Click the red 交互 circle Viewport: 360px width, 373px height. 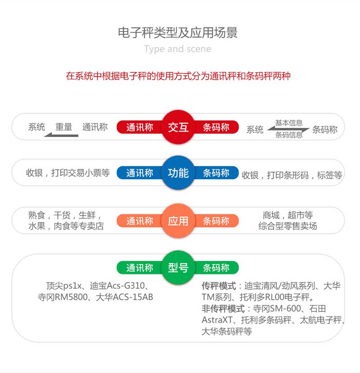click(178, 127)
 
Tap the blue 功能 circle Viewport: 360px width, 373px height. click(178, 173)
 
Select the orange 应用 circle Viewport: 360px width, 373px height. click(178, 221)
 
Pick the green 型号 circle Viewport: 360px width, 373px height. click(178, 268)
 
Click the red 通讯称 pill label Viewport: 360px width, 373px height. click(139, 127)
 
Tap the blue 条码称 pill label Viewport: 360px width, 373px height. click(216, 173)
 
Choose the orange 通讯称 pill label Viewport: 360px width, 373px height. click(139, 221)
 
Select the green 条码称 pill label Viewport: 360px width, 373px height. click(216, 268)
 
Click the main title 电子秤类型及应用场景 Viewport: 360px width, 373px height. click(178, 32)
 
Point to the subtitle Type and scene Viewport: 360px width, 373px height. click(177, 49)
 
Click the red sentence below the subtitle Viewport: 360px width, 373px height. click(178, 76)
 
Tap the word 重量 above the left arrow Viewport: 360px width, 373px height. click(64, 127)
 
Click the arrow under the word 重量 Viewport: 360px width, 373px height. click(61, 135)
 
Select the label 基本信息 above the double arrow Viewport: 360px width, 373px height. click(289, 123)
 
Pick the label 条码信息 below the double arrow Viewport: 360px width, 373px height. click(289, 135)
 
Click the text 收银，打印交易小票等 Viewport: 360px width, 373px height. click(68, 173)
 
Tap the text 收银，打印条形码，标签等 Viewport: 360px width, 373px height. click(292, 175)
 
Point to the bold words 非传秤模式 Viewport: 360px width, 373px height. click(223, 309)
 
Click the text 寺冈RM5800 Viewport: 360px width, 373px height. click(63, 297)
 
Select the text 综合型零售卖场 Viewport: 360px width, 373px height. click(288, 226)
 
